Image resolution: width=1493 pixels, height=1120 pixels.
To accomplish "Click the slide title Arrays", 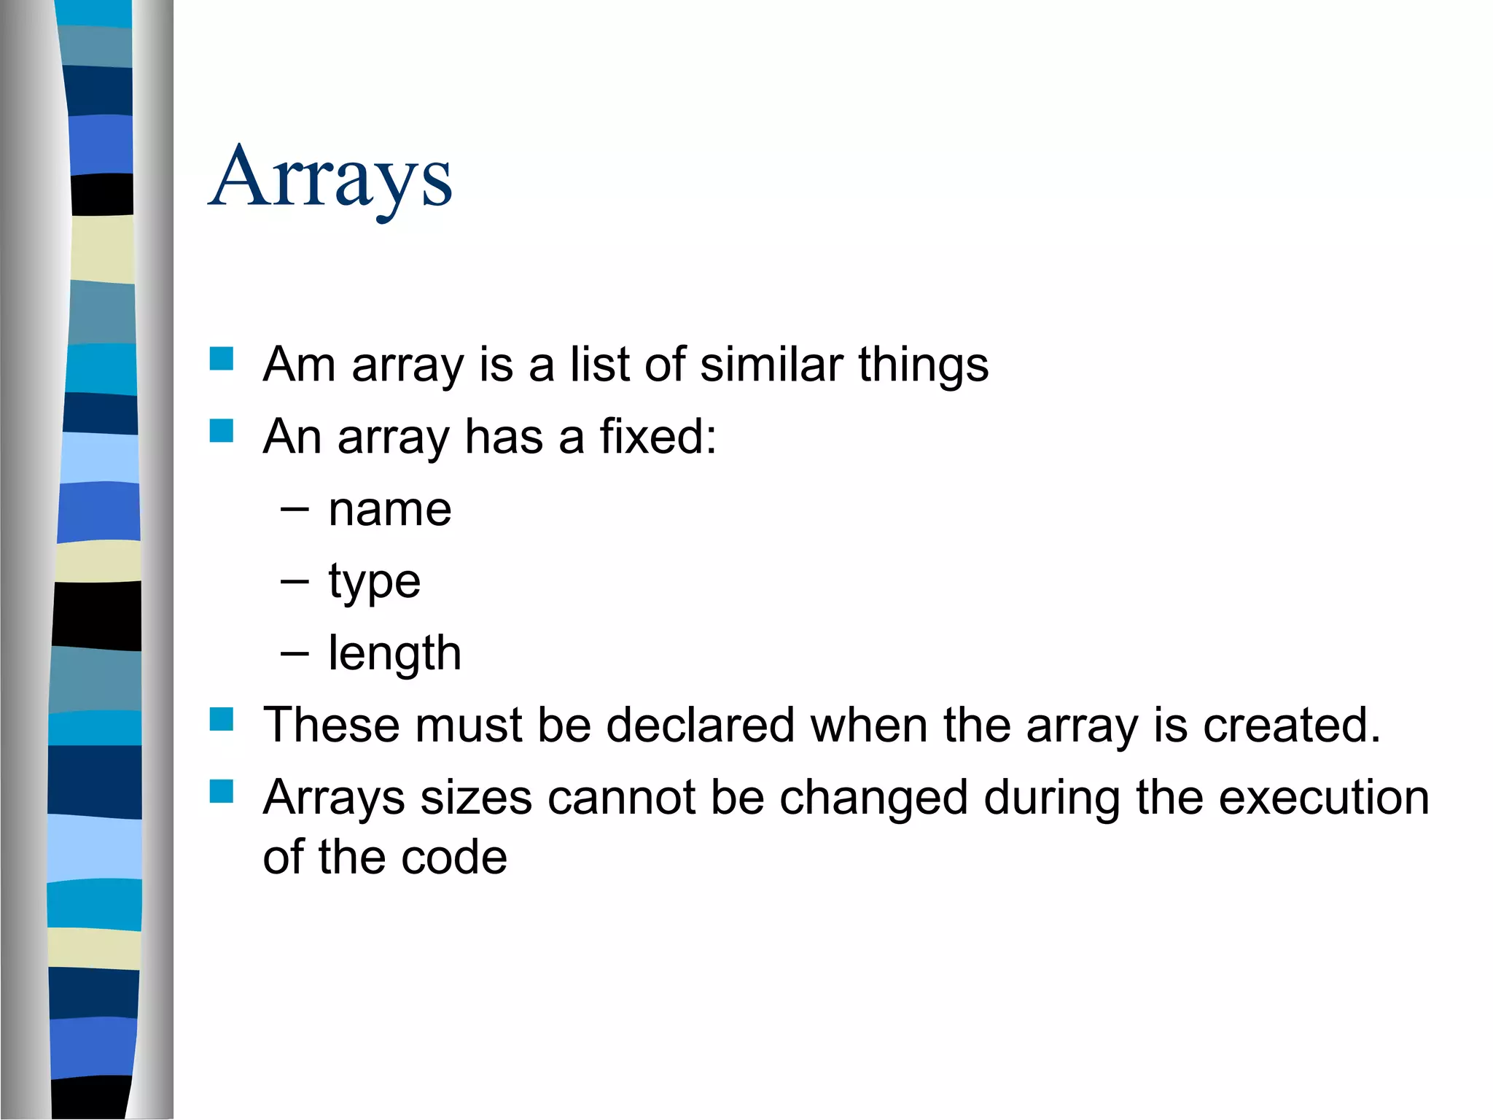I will click(330, 178).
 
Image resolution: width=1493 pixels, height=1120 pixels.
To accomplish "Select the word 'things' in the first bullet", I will click(923, 365).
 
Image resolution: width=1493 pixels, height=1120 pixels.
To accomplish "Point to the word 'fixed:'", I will click(658, 437).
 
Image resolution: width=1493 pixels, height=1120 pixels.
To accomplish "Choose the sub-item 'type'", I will click(374, 583).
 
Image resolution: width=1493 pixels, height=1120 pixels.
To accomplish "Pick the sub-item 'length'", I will click(394, 653).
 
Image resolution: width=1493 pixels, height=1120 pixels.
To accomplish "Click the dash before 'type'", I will click(295, 581).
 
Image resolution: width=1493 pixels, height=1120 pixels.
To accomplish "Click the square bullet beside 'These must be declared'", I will click(221, 720).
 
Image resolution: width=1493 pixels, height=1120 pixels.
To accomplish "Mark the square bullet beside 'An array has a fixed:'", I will click(221, 431).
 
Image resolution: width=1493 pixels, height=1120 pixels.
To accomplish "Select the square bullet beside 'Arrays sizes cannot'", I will click(221, 792).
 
